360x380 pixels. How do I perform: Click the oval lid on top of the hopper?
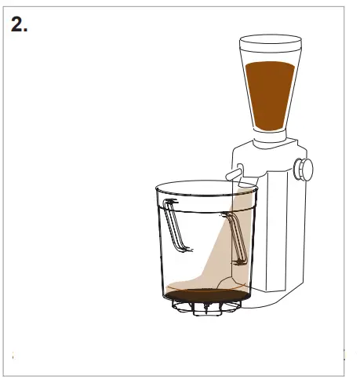point(270,41)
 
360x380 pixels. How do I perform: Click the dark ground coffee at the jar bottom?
point(205,294)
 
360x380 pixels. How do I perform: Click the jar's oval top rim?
point(205,188)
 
